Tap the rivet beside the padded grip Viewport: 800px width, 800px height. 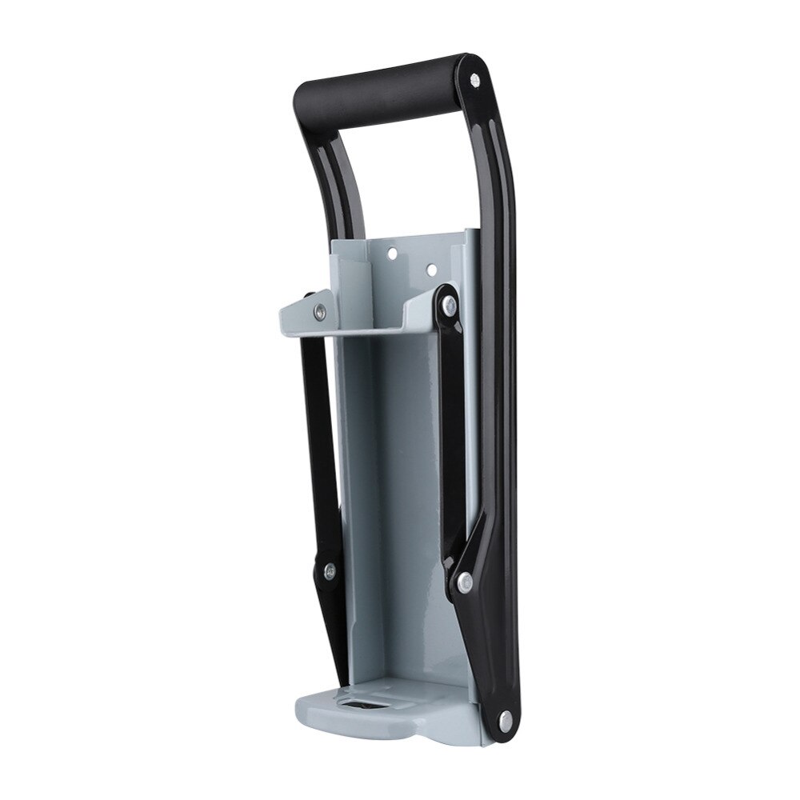474,79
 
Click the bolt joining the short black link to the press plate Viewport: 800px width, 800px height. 450,305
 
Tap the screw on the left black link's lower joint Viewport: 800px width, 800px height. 328,570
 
